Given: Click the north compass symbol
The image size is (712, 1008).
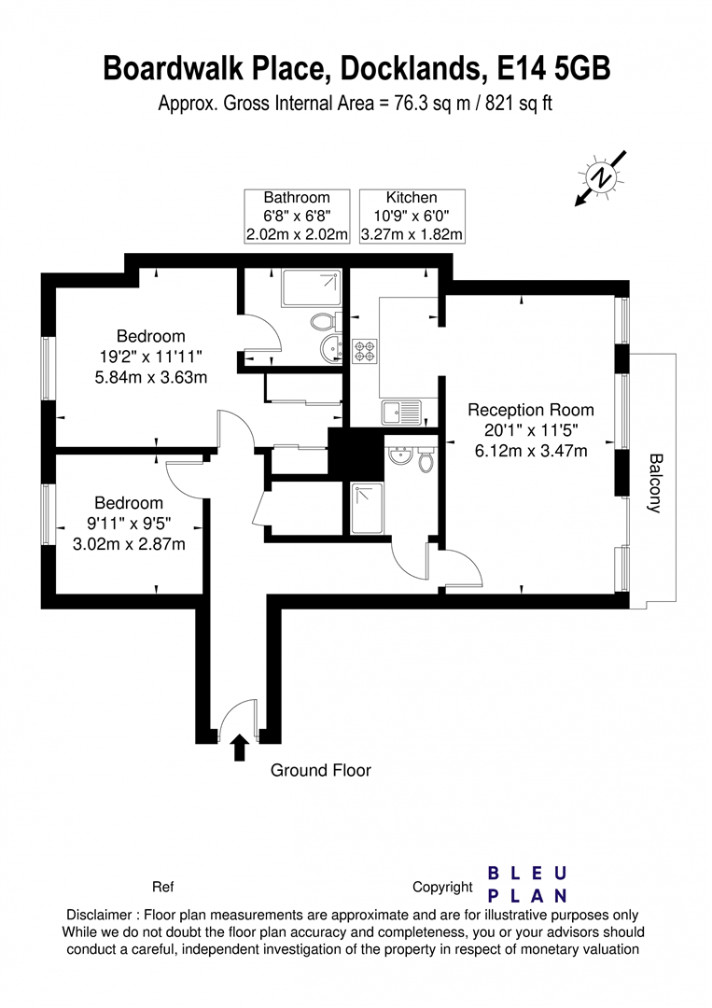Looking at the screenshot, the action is click(x=600, y=178).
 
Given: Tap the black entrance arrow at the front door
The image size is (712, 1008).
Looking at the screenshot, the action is click(x=239, y=747).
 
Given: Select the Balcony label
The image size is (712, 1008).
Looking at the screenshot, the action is click(x=655, y=483).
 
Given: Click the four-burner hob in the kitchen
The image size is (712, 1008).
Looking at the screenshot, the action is click(x=365, y=350).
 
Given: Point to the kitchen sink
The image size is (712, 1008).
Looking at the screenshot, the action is click(x=401, y=413).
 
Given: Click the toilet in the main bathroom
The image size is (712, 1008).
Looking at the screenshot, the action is click(x=321, y=320).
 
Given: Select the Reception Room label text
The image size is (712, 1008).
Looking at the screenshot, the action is click(x=531, y=410).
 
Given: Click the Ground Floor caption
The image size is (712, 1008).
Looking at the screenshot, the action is click(x=321, y=770).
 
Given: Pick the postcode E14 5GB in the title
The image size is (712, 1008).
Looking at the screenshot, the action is click(x=554, y=68).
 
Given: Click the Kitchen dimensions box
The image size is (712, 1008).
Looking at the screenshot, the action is click(x=412, y=216).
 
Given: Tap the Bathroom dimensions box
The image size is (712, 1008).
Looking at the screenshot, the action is click(x=297, y=216).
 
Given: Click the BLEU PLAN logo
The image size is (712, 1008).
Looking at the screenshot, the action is click(x=527, y=885).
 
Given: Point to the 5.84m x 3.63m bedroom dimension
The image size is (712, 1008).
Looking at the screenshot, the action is click(x=151, y=377).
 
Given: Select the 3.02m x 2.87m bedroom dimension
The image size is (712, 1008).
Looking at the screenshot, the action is click(x=129, y=544).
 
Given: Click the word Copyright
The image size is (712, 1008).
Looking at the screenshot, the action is click(x=442, y=888).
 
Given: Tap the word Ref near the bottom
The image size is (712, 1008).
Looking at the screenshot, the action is click(x=163, y=888).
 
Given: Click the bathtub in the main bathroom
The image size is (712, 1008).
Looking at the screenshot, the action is click(x=311, y=288).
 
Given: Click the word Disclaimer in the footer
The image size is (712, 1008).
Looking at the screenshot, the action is click(x=99, y=915).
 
